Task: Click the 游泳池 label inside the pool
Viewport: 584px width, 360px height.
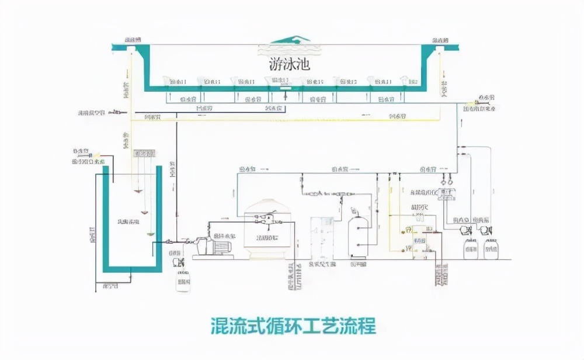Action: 290,64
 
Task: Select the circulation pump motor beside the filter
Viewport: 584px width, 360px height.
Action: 213,245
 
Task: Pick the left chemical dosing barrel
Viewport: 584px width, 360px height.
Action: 471,250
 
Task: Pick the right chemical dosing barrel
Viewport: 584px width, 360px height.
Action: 491,250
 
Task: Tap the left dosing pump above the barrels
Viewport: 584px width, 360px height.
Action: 466,230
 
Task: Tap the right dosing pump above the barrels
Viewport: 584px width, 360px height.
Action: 485,230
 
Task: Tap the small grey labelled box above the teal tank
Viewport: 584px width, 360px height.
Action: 145,154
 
